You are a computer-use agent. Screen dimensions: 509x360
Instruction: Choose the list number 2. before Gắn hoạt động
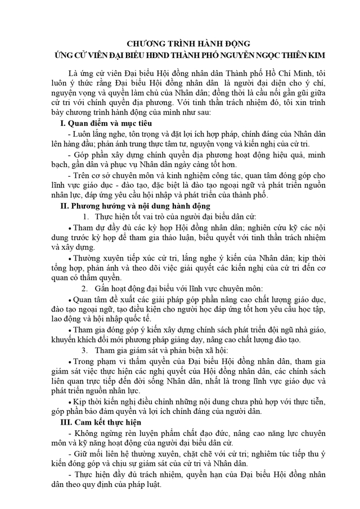click(x=85, y=289)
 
